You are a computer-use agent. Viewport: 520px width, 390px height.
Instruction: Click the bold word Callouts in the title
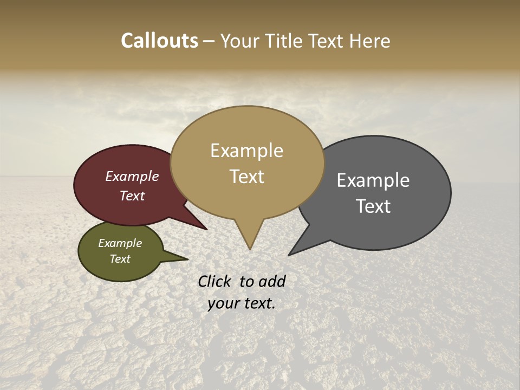pyautogui.click(x=159, y=41)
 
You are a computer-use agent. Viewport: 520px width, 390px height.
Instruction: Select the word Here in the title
pyautogui.click(x=370, y=41)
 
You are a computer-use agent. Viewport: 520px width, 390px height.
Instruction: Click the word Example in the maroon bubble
pyautogui.click(x=132, y=176)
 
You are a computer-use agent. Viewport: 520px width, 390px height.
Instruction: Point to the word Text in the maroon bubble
pyautogui.click(x=132, y=196)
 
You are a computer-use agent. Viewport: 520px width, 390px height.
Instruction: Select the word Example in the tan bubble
pyautogui.click(x=246, y=151)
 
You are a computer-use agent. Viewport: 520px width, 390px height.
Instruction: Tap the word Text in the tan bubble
pyautogui.click(x=246, y=177)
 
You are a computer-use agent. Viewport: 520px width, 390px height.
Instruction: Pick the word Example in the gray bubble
pyautogui.click(x=373, y=180)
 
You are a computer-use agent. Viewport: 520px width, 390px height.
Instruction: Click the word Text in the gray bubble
pyautogui.click(x=373, y=206)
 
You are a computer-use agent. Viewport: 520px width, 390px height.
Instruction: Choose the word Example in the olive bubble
pyautogui.click(x=120, y=243)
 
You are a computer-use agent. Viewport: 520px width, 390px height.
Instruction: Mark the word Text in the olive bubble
pyautogui.click(x=120, y=259)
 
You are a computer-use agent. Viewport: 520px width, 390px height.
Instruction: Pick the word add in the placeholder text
pyautogui.click(x=272, y=281)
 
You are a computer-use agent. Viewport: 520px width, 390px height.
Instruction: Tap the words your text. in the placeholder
pyautogui.click(x=242, y=303)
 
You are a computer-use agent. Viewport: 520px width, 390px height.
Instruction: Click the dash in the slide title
pyautogui.click(x=209, y=41)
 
